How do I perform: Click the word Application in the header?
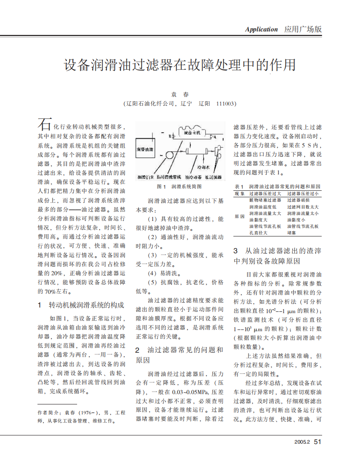click(x=261, y=30)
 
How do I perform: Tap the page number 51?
click(x=318, y=442)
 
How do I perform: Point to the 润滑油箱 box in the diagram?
click(x=145, y=149)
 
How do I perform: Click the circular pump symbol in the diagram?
click(x=169, y=154)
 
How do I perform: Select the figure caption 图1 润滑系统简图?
click(x=179, y=187)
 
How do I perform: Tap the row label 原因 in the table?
click(x=239, y=216)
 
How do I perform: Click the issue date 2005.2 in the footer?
click(x=302, y=442)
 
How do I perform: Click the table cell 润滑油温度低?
click(x=263, y=207)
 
